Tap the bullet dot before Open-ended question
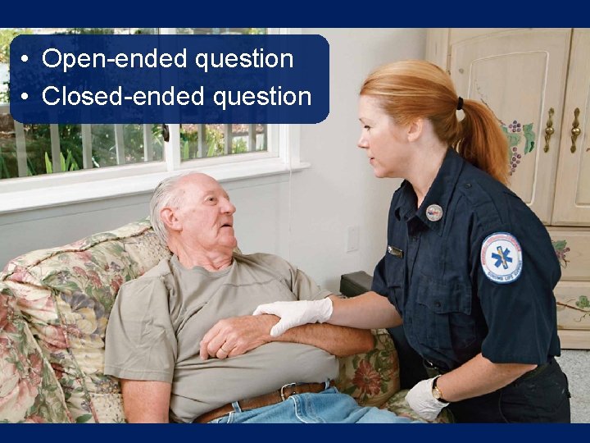(27, 60)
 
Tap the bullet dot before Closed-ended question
(27, 98)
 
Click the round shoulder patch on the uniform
(501, 257)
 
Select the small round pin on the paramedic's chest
(434, 212)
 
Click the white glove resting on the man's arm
(293, 314)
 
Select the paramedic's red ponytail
(483, 135)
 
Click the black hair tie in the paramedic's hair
(460, 104)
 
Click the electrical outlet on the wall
(352, 239)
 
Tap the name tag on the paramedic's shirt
(395, 251)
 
